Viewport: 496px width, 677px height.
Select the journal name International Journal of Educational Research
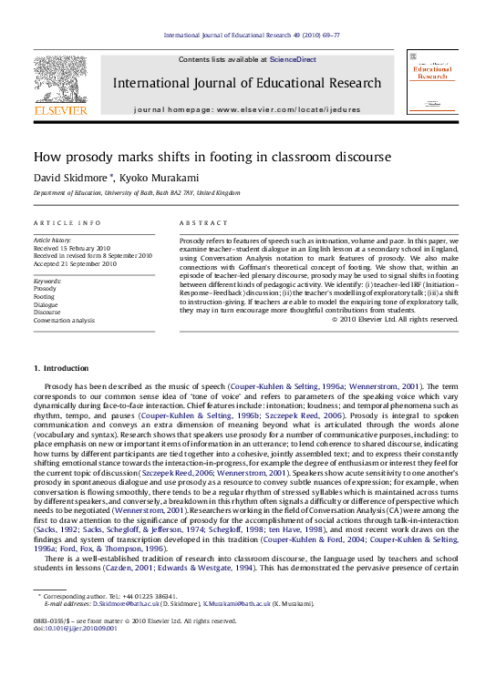(247, 83)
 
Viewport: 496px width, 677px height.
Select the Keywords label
(47, 274)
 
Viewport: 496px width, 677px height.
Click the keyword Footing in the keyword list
(44, 296)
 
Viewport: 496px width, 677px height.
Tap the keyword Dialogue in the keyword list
(46, 304)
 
